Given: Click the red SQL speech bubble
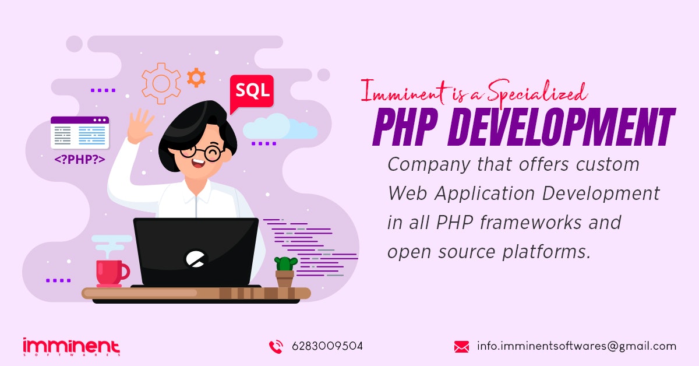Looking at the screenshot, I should pyautogui.click(x=252, y=91).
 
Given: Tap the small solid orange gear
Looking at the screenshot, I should pyautogui.click(x=196, y=77).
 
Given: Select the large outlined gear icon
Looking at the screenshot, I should pyautogui.click(x=161, y=83).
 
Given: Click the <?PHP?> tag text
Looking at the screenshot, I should pyautogui.click(x=80, y=159).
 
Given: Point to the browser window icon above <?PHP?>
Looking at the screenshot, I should pyautogui.click(x=80, y=132).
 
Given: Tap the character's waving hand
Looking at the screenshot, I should pyautogui.click(x=140, y=126).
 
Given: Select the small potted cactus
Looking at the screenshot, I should pyautogui.click(x=285, y=271).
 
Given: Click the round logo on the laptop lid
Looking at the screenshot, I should pyautogui.click(x=196, y=258).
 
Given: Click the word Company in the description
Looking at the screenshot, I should pyautogui.click(x=417, y=165).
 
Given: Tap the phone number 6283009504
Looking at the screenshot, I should pyautogui.click(x=327, y=346).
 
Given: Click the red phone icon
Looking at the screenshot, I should pyautogui.click(x=276, y=347).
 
